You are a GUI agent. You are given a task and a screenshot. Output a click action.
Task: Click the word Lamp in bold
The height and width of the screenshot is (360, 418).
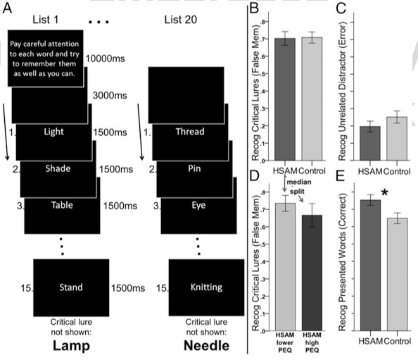click(x=71, y=346)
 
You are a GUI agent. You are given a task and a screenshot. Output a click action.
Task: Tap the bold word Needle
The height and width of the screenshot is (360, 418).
click(x=207, y=346)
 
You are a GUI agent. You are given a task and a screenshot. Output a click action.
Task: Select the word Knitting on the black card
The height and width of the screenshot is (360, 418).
click(x=206, y=287)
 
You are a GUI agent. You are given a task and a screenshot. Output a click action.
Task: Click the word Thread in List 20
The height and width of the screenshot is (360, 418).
click(x=190, y=132)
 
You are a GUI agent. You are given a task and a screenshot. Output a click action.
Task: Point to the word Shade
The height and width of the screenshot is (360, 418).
click(x=58, y=168)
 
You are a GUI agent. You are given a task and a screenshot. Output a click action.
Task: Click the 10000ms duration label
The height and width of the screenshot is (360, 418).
click(x=105, y=58)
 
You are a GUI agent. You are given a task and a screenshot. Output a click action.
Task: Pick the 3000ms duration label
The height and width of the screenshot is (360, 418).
click(x=110, y=96)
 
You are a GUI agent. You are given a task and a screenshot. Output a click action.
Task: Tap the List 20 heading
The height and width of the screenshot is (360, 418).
click(x=180, y=20)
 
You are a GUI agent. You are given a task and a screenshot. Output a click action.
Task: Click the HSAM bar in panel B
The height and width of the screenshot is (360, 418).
click(x=285, y=99)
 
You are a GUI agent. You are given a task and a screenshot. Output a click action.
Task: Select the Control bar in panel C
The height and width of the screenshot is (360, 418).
click(x=397, y=139)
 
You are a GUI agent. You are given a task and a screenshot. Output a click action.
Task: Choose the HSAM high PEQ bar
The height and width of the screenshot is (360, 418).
click(x=312, y=273)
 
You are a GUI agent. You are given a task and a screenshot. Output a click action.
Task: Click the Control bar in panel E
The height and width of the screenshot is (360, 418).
click(x=397, y=275)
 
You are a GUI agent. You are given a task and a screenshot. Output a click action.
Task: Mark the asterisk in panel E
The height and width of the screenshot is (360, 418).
click(x=384, y=192)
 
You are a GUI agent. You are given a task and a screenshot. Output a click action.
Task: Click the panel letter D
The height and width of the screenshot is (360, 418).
click(x=254, y=176)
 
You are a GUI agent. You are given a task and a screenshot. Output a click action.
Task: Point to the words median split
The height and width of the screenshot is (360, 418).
click(x=298, y=187)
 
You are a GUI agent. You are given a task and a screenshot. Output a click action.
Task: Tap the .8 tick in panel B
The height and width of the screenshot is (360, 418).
click(x=264, y=22)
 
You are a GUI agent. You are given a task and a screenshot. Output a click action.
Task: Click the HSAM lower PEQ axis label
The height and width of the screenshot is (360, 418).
click(x=285, y=342)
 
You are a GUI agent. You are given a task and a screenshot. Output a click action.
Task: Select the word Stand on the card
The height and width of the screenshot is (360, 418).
click(x=71, y=287)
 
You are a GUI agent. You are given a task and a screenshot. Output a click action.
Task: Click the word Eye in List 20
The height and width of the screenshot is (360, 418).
click(x=198, y=205)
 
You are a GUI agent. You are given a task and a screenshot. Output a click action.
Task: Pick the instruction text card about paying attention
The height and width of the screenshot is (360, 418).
click(x=45, y=58)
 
